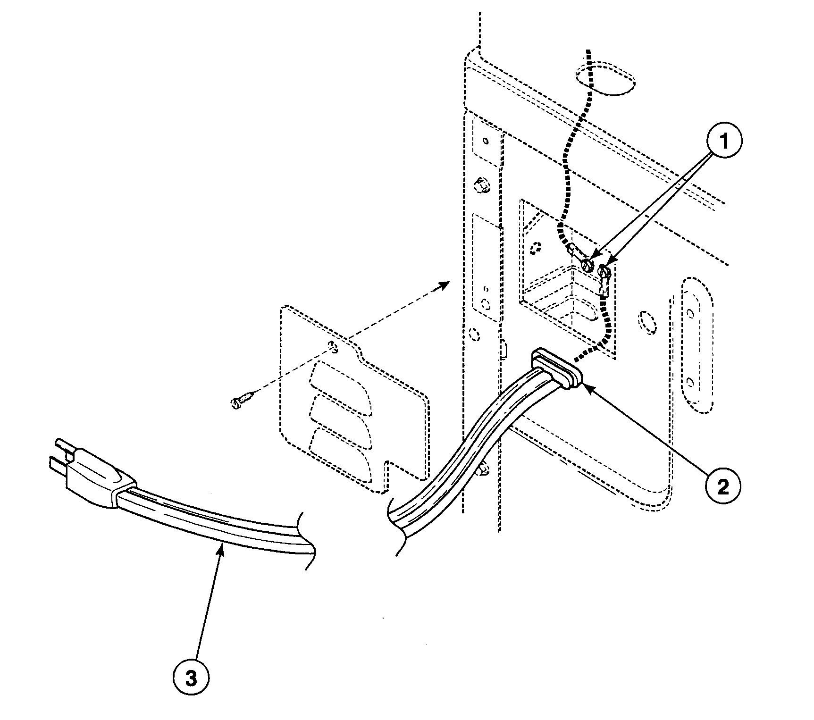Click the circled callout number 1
coord(723,140)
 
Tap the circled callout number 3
coord(190,678)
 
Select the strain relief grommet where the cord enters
coord(557,368)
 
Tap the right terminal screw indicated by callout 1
coord(604,271)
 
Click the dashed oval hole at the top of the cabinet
coord(605,78)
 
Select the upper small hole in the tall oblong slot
coord(690,312)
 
